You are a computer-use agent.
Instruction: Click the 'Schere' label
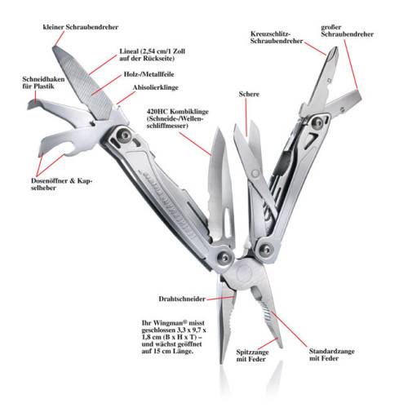pos(249,95)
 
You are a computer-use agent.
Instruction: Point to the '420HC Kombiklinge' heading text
pos(175,110)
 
